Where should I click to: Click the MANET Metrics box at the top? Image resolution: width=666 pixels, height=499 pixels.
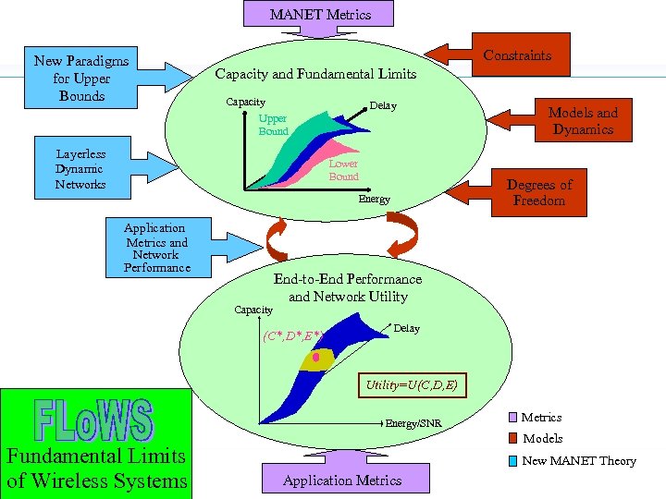(x=319, y=14)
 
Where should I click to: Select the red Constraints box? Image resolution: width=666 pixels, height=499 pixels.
(x=517, y=55)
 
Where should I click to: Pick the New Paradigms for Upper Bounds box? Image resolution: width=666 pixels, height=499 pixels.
(x=81, y=79)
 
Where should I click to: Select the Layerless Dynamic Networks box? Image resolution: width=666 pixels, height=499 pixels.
(x=80, y=169)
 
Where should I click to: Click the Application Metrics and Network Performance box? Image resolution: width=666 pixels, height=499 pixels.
(x=156, y=248)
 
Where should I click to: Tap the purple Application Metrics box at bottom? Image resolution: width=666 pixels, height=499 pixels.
(x=342, y=480)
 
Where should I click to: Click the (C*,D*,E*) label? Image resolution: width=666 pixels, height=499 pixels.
(x=291, y=335)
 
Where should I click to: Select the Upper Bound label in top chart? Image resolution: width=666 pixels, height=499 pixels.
(x=273, y=125)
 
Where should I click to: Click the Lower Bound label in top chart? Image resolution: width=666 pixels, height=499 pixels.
(x=343, y=170)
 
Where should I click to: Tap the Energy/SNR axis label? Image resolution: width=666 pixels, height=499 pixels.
(x=413, y=423)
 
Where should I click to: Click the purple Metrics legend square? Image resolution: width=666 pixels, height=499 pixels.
(x=512, y=418)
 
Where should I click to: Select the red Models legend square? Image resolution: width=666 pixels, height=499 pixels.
(x=512, y=438)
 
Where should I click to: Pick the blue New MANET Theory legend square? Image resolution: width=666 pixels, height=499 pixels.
(x=512, y=460)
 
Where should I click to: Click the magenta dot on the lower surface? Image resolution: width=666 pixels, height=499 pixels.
(x=316, y=356)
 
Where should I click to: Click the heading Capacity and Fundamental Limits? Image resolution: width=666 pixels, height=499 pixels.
(x=315, y=74)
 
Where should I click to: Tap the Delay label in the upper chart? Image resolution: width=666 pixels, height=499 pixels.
(x=383, y=106)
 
